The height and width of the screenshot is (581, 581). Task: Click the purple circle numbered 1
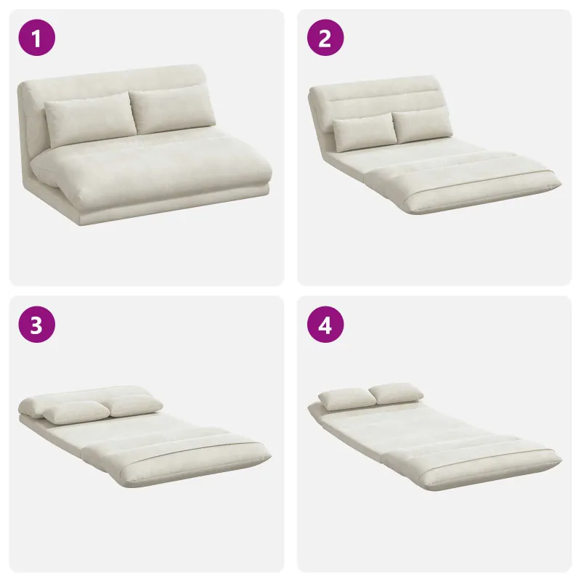(x=37, y=38)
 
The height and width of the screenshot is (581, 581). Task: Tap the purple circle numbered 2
(x=325, y=38)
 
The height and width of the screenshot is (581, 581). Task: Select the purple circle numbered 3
(x=37, y=325)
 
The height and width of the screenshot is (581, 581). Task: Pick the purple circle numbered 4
(x=325, y=325)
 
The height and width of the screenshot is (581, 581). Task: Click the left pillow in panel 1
(x=89, y=118)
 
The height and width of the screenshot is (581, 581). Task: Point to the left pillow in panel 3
(x=77, y=413)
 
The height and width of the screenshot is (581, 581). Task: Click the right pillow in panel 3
(x=136, y=406)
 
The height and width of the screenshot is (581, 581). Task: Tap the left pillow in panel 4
(x=347, y=399)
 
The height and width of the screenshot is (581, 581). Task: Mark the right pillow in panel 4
(x=396, y=394)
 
